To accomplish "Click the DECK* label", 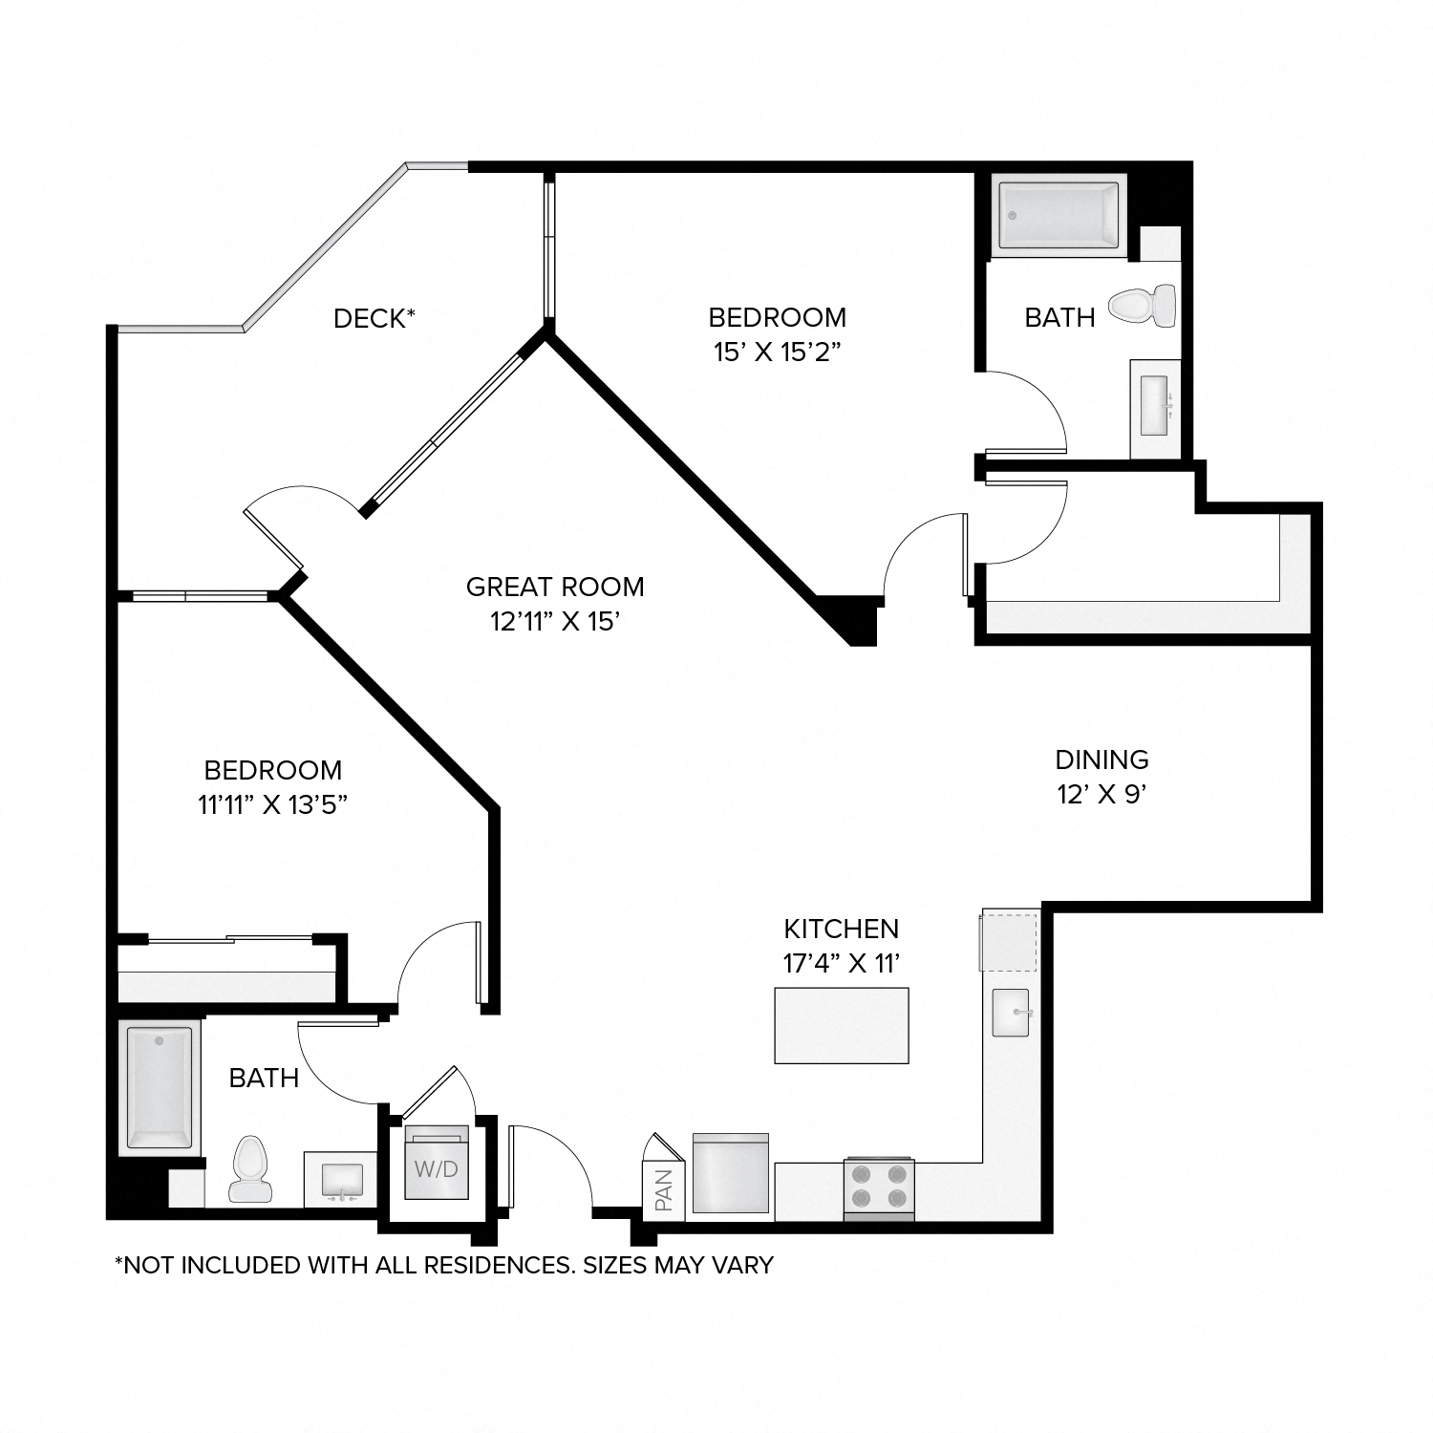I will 374,318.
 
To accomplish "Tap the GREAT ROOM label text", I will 555,587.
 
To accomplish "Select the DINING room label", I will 1101,759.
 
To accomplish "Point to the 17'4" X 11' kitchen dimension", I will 842,963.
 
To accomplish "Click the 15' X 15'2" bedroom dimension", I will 777,352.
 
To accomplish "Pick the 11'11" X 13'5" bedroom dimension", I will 272,804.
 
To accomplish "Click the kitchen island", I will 841,1025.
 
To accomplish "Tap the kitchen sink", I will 1011,1013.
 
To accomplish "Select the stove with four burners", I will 879,1187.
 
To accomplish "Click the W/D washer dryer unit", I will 437,1166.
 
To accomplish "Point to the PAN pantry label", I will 664,1189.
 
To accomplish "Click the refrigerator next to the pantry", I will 730,1174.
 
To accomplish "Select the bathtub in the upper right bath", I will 1059,217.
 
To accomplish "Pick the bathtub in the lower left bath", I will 160,1089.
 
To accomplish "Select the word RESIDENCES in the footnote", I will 497,1265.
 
